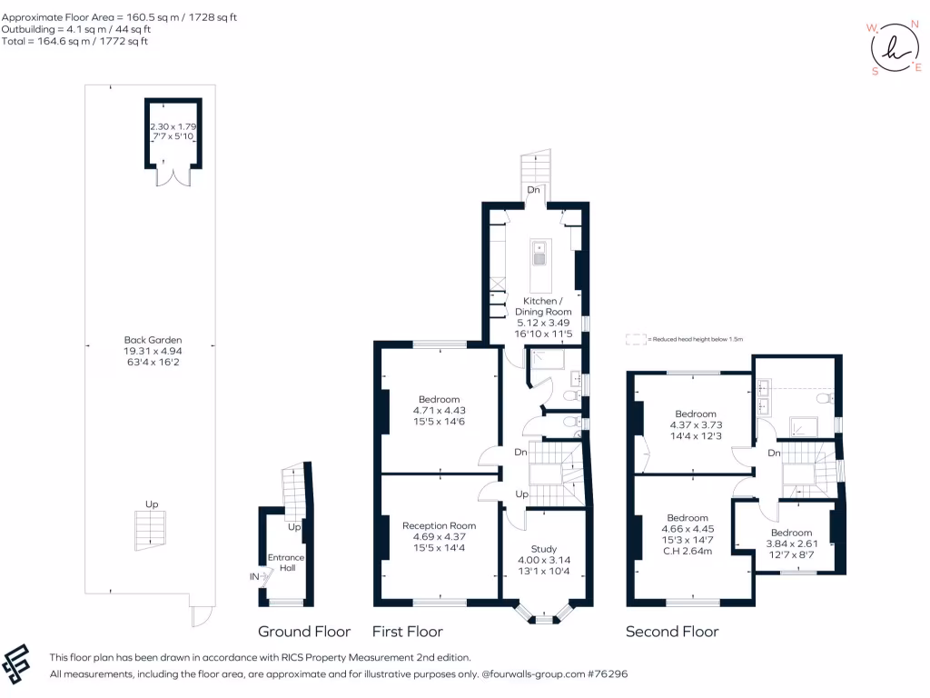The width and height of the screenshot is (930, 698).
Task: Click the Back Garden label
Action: [x=150, y=340]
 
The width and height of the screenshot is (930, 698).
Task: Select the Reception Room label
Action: [x=439, y=525]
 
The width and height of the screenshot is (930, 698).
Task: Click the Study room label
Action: [x=543, y=548]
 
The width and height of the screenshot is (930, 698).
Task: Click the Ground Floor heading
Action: [x=304, y=632]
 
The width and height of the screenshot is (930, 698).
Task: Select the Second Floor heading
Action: [x=672, y=632]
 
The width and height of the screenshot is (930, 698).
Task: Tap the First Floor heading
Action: [x=408, y=632]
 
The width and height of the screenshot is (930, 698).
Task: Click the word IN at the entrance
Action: [x=254, y=576]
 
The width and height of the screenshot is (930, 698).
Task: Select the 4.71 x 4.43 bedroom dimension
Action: [x=439, y=410]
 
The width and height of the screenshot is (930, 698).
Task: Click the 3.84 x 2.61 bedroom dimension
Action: [x=791, y=544]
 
